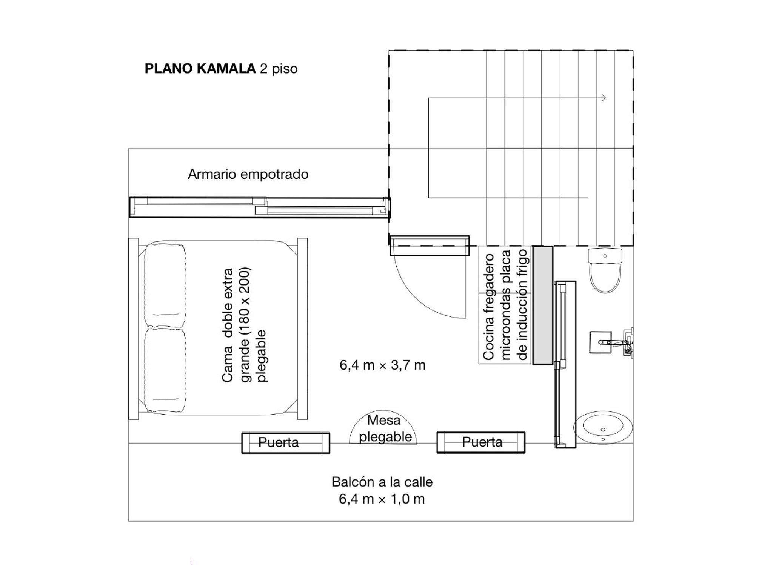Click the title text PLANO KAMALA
(x=200, y=69)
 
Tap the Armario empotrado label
(x=248, y=174)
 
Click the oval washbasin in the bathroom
(x=603, y=427)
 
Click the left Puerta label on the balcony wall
(x=278, y=442)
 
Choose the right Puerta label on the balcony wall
(x=482, y=442)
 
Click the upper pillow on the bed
(x=165, y=286)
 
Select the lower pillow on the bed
(x=165, y=370)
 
